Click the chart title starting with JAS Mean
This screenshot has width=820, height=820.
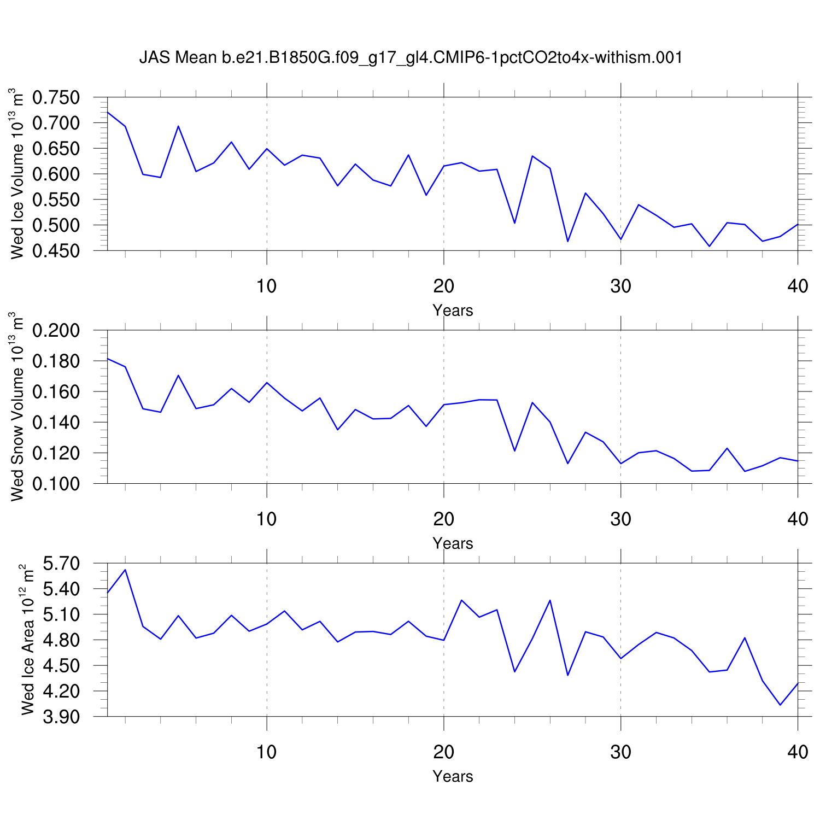[411, 57]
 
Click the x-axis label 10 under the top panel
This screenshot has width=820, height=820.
[266, 286]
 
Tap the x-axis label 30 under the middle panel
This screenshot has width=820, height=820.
[620, 519]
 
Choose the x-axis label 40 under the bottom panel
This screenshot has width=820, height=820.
[798, 752]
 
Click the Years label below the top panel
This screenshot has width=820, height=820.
[453, 311]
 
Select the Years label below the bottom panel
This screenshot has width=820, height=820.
[453, 776]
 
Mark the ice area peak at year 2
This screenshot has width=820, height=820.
[125, 570]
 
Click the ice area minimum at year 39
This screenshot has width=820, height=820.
[780, 705]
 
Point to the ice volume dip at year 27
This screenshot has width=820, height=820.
[567, 242]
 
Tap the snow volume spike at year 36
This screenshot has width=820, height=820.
[727, 448]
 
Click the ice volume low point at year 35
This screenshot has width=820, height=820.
[709, 247]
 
